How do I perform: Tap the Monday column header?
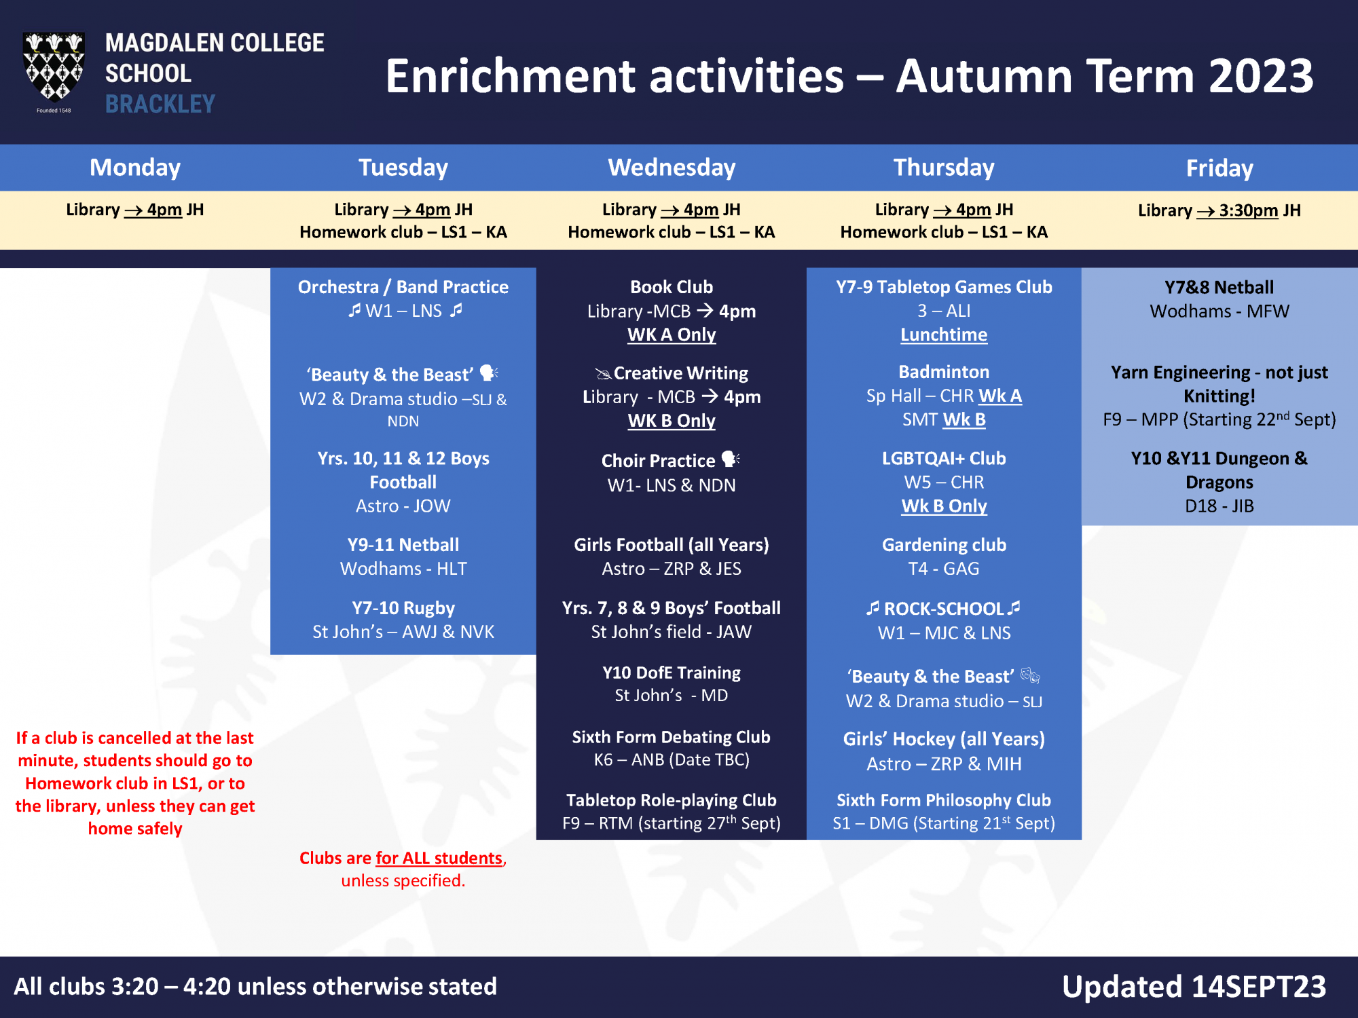point(135,168)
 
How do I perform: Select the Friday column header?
point(1219,168)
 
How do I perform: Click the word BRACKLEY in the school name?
point(160,104)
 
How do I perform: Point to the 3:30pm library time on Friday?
point(1249,210)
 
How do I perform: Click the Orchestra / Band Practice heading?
point(403,287)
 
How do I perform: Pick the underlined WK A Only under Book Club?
point(672,335)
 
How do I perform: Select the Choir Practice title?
point(658,461)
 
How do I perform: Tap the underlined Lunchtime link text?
point(944,335)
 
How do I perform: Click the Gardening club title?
point(944,545)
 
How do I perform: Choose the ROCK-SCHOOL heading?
point(944,609)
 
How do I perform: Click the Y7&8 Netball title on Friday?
point(1219,287)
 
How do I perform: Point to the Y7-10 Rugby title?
point(403,608)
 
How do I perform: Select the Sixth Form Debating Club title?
point(672,737)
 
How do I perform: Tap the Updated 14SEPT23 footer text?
point(1194,987)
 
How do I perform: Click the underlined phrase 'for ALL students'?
point(439,859)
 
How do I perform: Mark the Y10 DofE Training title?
point(672,673)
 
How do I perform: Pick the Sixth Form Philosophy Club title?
point(944,800)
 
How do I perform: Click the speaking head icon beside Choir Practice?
point(731,459)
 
